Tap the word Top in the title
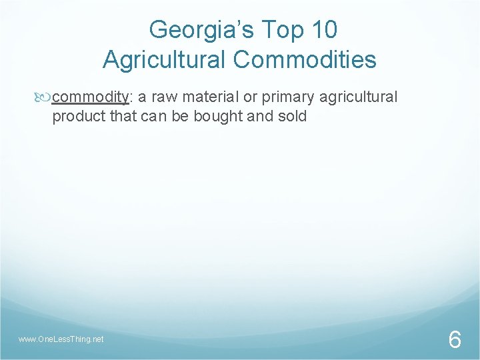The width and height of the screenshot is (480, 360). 274,30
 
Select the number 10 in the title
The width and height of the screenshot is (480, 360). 323,30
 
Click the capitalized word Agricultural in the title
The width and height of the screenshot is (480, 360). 165,60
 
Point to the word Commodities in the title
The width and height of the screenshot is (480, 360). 305,60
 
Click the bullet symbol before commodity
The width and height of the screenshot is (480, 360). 45,98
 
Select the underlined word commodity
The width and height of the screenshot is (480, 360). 90,98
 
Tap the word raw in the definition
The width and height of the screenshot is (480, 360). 165,97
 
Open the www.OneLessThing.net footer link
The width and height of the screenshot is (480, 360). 61,339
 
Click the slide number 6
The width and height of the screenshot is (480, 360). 454,340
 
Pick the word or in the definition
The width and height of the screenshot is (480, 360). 250,98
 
